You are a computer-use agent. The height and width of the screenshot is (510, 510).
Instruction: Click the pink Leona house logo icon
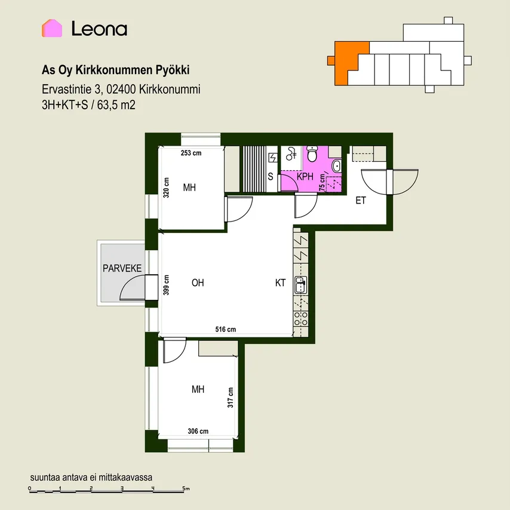[x=52, y=28]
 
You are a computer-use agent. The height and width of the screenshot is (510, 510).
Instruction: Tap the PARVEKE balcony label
[x=122, y=268]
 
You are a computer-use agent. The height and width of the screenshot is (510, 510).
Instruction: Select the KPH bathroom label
[x=305, y=177]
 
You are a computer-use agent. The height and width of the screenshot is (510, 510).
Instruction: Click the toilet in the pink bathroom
[x=312, y=153]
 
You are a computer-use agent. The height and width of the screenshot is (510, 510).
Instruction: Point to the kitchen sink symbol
[x=300, y=285]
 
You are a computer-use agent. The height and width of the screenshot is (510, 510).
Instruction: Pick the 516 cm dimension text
[x=225, y=329]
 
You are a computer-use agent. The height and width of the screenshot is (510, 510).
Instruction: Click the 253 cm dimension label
[x=191, y=153]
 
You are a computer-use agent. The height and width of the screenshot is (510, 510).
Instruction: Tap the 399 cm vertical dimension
[x=166, y=285]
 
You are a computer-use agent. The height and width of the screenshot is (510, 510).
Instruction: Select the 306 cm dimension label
[x=198, y=431]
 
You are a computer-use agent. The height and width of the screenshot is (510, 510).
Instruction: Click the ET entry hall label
[x=361, y=201]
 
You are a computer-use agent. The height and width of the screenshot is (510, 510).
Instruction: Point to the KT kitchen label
[x=280, y=282]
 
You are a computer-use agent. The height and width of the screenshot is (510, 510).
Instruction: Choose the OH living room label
[x=198, y=282]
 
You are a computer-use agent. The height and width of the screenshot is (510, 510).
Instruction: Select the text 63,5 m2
[x=116, y=105]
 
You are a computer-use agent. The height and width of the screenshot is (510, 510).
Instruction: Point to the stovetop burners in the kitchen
[x=300, y=319]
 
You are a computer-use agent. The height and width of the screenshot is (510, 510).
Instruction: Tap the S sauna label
[x=271, y=177]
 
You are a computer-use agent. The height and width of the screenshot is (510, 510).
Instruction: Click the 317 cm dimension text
[x=231, y=398]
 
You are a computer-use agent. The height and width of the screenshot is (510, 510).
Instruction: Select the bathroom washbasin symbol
[x=337, y=166]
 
